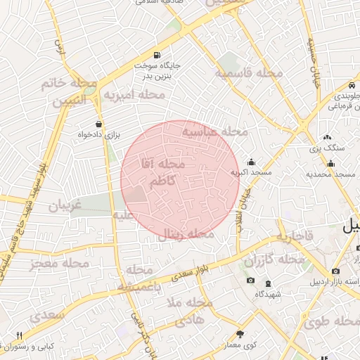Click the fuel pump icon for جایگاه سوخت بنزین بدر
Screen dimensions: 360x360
[155, 55]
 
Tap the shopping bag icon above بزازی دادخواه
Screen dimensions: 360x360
[98, 123]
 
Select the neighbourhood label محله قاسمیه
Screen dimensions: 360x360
[250, 73]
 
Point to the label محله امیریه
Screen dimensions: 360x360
[134, 94]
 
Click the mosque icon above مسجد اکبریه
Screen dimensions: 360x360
[251, 162]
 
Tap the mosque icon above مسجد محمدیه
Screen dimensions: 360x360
[330, 163]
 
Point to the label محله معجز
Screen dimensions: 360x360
[60, 264]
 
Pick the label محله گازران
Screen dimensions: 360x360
[274, 260]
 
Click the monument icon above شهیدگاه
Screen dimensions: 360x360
[251, 281]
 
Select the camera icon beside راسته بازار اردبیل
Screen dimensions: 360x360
[335, 271]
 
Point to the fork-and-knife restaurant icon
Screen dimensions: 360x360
[19, 335]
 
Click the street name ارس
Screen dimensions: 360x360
[59, 48]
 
